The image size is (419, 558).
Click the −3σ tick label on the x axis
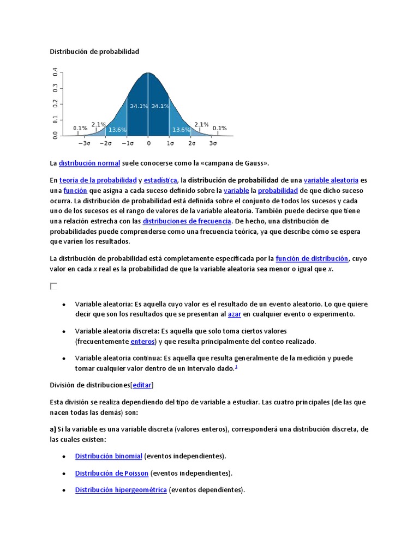84,143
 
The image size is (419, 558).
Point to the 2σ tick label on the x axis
191,143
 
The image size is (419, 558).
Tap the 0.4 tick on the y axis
56,72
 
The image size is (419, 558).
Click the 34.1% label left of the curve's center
138,106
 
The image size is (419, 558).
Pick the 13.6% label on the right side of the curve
181,130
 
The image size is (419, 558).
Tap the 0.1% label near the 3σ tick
219,129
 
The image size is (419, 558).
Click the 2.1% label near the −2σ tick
99,124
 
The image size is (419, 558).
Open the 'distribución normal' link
89,163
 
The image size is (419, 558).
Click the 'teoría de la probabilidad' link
98,180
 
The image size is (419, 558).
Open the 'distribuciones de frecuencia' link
187,221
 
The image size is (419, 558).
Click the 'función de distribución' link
312,259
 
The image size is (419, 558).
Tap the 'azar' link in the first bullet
235,314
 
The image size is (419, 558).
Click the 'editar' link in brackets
142,385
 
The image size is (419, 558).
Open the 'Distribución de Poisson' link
112,473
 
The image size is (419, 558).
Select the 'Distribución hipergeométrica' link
121,490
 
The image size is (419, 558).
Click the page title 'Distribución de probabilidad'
94,52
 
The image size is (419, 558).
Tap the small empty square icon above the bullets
53,286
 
